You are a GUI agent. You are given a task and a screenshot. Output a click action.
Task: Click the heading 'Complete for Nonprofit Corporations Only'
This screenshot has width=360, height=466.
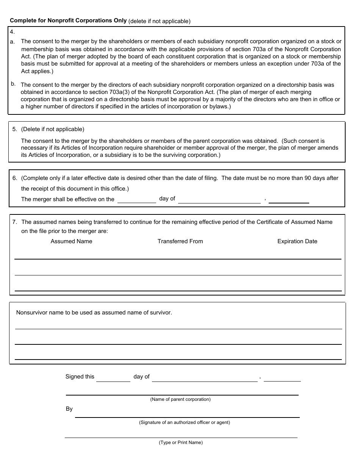tap(68, 21)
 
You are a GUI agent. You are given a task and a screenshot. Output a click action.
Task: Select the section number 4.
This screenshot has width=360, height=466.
tap(12, 32)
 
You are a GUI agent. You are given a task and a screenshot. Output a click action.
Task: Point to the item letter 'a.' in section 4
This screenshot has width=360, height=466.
tap(13, 42)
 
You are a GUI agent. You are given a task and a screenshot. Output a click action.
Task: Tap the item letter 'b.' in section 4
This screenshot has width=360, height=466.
tap(13, 84)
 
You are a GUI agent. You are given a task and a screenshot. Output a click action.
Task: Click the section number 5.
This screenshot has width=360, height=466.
tap(14, 129)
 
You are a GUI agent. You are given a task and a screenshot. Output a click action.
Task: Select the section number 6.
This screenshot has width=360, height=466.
tap(14, 178)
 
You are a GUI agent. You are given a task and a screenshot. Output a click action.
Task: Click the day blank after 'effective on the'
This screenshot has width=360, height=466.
tap(136, 199)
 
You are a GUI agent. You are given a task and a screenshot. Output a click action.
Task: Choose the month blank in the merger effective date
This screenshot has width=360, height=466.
tap(219, 199)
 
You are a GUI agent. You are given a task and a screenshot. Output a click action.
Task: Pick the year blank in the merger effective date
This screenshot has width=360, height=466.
tap(289, 199)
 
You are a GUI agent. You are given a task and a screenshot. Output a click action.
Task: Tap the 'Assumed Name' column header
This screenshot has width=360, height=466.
tap(71, 241)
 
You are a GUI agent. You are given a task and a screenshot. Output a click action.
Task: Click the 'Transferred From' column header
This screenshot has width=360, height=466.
tap(180, 241)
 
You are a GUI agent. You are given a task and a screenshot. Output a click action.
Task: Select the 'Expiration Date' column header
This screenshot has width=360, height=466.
tap(297, 241)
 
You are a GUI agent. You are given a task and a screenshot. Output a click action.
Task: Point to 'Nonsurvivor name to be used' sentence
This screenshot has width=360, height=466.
tap(94, 313)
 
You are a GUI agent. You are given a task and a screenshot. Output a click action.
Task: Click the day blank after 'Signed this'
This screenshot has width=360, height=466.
tap(113, 377)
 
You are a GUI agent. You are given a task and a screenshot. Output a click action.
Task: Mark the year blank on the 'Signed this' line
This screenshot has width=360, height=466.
tap(282, 377)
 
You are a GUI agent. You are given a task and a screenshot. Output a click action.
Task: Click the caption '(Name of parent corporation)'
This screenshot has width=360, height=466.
tap(180, 399)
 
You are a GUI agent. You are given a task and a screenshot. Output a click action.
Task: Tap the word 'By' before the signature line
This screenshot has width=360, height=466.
tap(69, 409)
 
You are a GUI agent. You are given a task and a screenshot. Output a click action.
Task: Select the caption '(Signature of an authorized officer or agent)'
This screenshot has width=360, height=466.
tap(184, 422)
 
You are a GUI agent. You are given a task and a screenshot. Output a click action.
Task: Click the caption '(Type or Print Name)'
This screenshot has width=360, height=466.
tap(181, 443)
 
